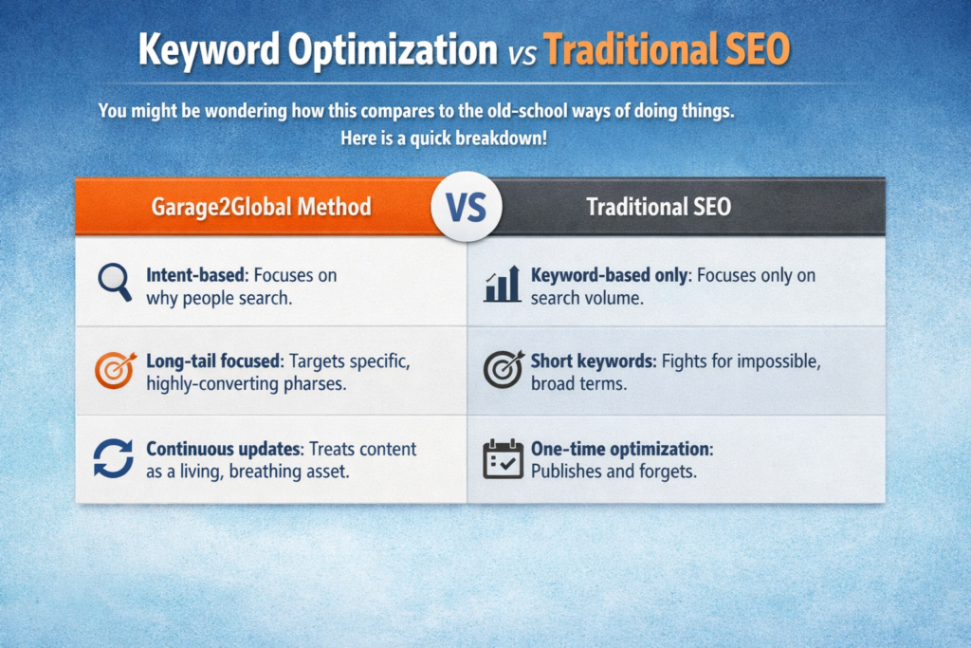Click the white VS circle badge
tap(466, 205)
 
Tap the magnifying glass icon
tap(114, 282)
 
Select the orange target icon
tap(114, 370)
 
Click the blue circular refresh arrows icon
tap(114, 457)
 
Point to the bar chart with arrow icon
tap(502, 284)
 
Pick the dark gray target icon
tap(503, 370)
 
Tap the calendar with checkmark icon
tap(503, 458)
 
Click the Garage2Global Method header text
tap(261, 206)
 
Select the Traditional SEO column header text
tap(658, 206)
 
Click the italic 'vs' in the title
tap(520, 52)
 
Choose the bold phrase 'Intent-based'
tap(195, 275)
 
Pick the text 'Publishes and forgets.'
tap(614, 471)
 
